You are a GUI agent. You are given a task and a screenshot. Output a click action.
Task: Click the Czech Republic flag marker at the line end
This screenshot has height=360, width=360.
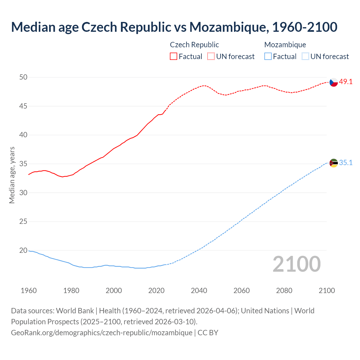(x=334, y=82)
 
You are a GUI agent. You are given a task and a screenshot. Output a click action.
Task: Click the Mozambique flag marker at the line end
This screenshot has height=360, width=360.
(x=334, y=163)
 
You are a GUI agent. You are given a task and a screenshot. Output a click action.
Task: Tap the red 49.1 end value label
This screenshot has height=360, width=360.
(x=346, y=82)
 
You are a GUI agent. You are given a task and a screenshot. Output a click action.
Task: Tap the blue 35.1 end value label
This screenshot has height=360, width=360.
(x=346, y=163)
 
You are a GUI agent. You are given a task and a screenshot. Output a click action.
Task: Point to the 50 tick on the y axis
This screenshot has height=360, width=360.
(x=24, y=77)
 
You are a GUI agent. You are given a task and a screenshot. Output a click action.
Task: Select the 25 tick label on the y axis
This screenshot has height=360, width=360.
(x=24, y=222)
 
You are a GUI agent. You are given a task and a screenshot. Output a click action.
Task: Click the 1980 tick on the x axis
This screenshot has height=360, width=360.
(x=71, y=291)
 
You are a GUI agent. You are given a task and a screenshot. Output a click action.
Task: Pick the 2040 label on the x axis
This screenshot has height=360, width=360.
(x=199, y=291)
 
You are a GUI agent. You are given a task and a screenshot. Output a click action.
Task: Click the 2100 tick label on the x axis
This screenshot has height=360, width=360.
(x=327, y=291)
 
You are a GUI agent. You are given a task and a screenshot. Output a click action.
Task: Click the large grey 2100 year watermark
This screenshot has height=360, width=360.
(x=297, y=264)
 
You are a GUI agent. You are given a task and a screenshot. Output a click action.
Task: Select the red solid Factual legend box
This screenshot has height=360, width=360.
(x=174, y=56)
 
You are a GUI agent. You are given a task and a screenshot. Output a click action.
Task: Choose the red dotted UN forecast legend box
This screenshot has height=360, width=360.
(x=211, y=56)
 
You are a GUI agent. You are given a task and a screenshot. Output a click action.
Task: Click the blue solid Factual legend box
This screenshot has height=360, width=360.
(x=268, y=56)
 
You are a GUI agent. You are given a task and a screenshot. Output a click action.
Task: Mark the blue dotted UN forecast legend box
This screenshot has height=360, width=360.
(x=305, y=56)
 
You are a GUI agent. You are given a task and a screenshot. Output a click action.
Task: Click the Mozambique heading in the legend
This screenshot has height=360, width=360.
(x=285, y=45)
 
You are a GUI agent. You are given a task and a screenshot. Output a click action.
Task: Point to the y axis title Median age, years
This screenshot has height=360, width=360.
(x=12, y=175)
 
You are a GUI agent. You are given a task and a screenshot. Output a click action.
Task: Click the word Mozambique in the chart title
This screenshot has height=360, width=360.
(x=227, y=27)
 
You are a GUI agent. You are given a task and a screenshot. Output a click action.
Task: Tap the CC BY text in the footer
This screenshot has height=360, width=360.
(x=208, y=332)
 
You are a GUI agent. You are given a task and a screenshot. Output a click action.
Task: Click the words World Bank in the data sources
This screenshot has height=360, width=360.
(x=75, y=311)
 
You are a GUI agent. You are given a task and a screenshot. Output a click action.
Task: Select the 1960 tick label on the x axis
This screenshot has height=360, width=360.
(x=29, y=291)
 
